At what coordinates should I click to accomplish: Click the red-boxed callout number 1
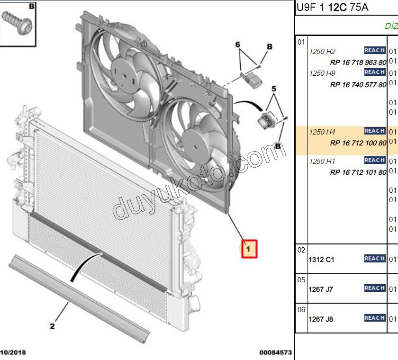click(249, 248)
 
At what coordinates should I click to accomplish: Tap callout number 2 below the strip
click(52, 326)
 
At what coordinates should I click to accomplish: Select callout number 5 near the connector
click(273, 89)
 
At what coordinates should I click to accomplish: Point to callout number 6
click(238, 45)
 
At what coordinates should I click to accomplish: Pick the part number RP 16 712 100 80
click(358, 143)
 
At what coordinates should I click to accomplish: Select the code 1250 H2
click(322, 52)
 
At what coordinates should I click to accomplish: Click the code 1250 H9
click(322, 73)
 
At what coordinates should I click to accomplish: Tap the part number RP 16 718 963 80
click(358, 63)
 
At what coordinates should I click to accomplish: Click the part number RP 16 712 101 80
click(358, 172)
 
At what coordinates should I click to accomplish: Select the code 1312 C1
click(322, 260)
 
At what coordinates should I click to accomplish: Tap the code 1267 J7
click(321, 289)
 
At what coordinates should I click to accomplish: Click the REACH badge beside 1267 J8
click(374, 318)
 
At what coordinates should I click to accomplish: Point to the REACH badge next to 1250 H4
click(374, 131)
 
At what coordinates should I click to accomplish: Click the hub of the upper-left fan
click(125, 76)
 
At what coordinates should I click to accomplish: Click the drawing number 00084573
click(275, 353)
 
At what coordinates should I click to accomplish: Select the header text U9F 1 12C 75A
click(332, 8)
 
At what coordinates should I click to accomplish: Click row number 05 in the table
click(301, 280)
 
